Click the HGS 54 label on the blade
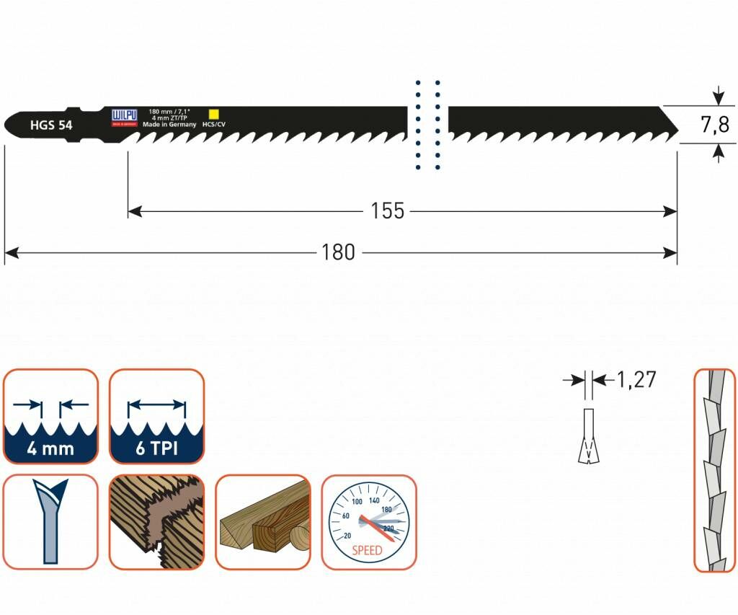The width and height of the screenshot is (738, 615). click(50, 125)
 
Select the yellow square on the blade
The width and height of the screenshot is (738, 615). click(213, 113)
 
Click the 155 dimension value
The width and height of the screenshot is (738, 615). click(388, 211)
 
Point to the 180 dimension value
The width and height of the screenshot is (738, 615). click(338, 252)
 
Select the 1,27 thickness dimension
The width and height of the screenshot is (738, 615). click(637, 379)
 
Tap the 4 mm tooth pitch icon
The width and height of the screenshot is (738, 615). click(50, 416)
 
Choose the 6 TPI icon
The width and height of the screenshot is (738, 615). click(156, 416)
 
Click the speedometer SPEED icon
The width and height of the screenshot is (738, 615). click(368, 522)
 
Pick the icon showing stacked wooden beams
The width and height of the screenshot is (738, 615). click(262, 522)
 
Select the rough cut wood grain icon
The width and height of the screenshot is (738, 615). click(156, 522)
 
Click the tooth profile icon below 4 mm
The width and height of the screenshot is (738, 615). click(50, 522)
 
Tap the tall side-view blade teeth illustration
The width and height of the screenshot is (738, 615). click(714, 470)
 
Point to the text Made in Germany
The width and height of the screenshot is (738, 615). click(169, 125)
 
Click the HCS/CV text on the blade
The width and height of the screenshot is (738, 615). click(214, 125)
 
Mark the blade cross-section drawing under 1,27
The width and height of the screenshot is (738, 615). click(589, 436)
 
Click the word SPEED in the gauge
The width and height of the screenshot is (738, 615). click(368, 550)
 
